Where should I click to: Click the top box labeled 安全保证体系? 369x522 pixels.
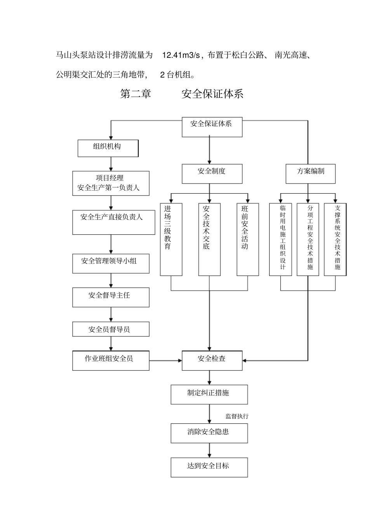(x=212, y=127)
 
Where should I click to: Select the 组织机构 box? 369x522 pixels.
(x=108, y=148)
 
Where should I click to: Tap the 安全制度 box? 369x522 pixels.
(x=212, y=173)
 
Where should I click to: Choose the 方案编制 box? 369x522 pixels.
(x=310, y=173)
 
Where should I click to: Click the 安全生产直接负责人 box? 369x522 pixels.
(x=111, y=222)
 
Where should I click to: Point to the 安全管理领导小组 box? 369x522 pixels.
(x=111, y=264)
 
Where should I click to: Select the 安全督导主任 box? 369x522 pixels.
(x=111, y=297)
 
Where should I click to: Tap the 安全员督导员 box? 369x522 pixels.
(x=111, y=329)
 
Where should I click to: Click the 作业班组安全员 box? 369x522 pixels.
(x=111, y=361)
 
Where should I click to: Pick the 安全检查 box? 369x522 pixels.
(x=212, y=361)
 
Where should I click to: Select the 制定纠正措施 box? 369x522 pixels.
(x=209, y=394)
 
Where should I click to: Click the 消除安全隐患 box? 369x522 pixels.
(x=209, y=433)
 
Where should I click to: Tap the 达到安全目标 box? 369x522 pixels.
(x=209, y=467)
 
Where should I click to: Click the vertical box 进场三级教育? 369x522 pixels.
(x=171, y=239)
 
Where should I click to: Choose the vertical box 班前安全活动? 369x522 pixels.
(x=247, y=239)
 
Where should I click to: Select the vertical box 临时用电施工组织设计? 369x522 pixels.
(x=280, y=239)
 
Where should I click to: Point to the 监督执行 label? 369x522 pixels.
(x=237, y=416)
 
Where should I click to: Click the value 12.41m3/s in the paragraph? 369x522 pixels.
(x=180, y=55)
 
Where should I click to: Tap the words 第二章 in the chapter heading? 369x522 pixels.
(x=136, y=94)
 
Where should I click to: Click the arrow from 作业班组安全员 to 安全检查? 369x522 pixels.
(x=165, y=361)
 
